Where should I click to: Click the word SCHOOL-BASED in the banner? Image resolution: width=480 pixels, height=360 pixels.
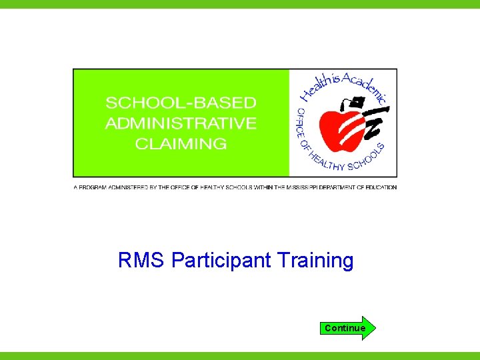click(x=181, y=103)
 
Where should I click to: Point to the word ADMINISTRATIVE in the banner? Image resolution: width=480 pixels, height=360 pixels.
click(x=181, y=123)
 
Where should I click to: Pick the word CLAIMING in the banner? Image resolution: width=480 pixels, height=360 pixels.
click(x=181, y=143)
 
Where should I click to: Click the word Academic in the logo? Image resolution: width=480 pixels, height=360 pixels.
click(x=364, y=87)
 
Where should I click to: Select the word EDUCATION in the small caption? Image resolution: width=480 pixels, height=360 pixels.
click(x=380, y=187)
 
